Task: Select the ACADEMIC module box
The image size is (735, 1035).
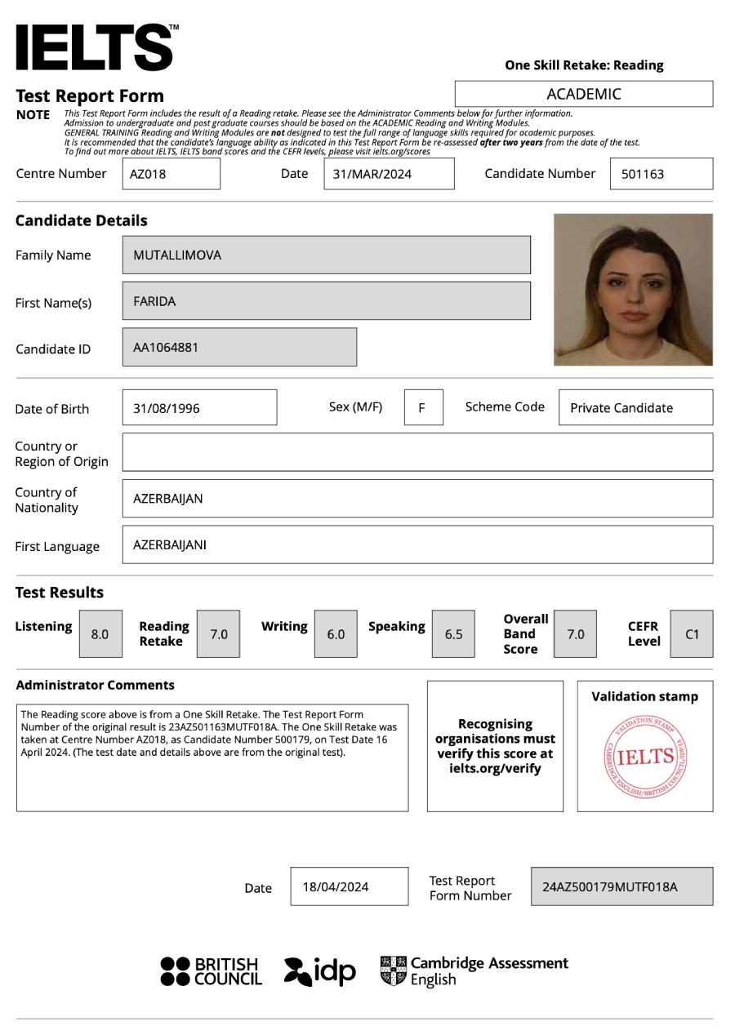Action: pyautogui.click(x=583, y=94)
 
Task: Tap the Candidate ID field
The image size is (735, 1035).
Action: pyautogui.click(x=239, y=347)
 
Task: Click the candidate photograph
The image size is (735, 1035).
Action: pyautogui.click(x=633, y=289)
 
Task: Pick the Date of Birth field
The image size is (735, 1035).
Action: pyautogui.click(x=199, y=407)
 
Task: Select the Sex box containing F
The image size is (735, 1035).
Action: pyautogui.click(x=423, y=407)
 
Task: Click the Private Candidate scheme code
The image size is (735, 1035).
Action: pyautogui.click(x=635, y=407)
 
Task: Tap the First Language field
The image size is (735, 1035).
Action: pyautogui.click(x=416, y=544)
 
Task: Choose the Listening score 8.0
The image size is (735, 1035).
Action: pyautogui.click(x=100, y=633)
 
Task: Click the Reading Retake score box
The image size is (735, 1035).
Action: pyautogui.click(x=219, y=633)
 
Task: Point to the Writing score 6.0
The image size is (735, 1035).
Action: pyautogui.click(x=336, y=633)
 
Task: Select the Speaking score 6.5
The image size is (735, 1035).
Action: pyautogui.click(x=453, y=633)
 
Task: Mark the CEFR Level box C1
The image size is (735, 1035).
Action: pyautogui.click(x=692, y=633)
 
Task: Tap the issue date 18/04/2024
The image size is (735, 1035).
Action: pyautogui.click(x=349, y=886)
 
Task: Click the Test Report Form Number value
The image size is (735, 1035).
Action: pyautogui.click(x=621, y=886)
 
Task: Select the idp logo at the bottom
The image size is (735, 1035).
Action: pyautogui.click(x=321, y=971)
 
